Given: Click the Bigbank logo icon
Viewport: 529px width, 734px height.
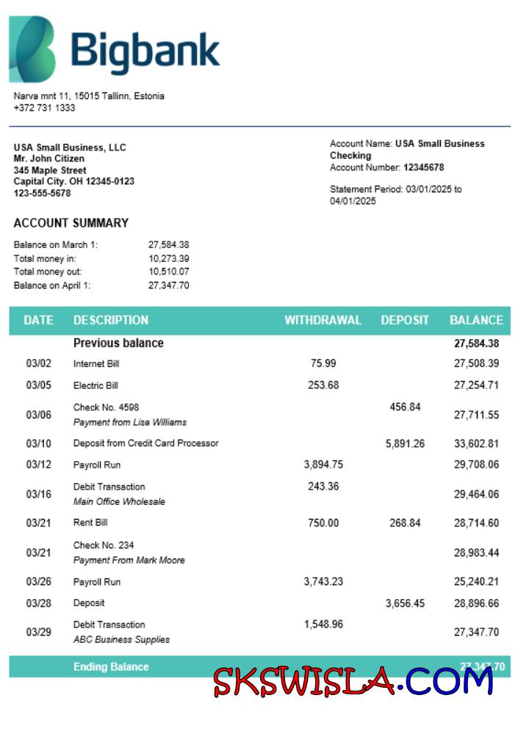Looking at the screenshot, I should pyautogui.click(x=32, y=49).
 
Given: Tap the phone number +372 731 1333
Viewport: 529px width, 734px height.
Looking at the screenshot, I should pyautogui.click(x=44, y=108).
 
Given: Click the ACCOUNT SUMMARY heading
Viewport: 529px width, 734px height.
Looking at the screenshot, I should pyautogui.click(x=71, y=223).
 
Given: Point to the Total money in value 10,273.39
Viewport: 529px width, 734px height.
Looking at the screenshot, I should pyautogui.click(x=169, y=258).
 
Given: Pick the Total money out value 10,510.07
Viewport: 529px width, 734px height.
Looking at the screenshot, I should pyautogui.click(x=169, y=272).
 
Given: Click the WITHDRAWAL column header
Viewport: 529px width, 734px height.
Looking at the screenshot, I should pyautogui.click(x=323, y=320).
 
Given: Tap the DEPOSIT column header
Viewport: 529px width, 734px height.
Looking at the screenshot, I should pyautogui.click(x=405, y=320).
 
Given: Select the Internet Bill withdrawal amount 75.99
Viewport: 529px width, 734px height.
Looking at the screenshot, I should pyautogui.click(x=323, y=363).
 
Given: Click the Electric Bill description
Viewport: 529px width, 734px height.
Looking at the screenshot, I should pyautogui.click(x=96, y=385).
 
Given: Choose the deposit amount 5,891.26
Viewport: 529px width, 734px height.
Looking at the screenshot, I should pyautogui.click(x=405, y=443).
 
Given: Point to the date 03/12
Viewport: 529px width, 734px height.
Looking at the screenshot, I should pyautogui.click(x=38, y=465).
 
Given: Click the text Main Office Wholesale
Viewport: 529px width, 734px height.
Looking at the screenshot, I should pyautogui.click(x=119, y=502).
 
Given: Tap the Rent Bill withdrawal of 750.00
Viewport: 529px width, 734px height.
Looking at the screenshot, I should pyautogui.click(x=323, y=523).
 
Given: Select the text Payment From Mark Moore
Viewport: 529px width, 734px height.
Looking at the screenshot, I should pyautogui.click(x=129, y=561).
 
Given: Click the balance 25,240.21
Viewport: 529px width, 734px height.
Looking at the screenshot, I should pyautogui.click(x=476, y=582).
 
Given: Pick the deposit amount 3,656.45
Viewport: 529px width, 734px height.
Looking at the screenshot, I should pyautogui.click(x=405, y=603).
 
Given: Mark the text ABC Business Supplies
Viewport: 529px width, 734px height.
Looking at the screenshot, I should pyautogui.click(x=121, y=640).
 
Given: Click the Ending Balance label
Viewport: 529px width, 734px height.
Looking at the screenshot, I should pyautogui.click(x=111, y=666).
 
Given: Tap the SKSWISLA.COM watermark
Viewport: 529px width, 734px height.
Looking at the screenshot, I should pyautogui.click(x=353, y=681).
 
